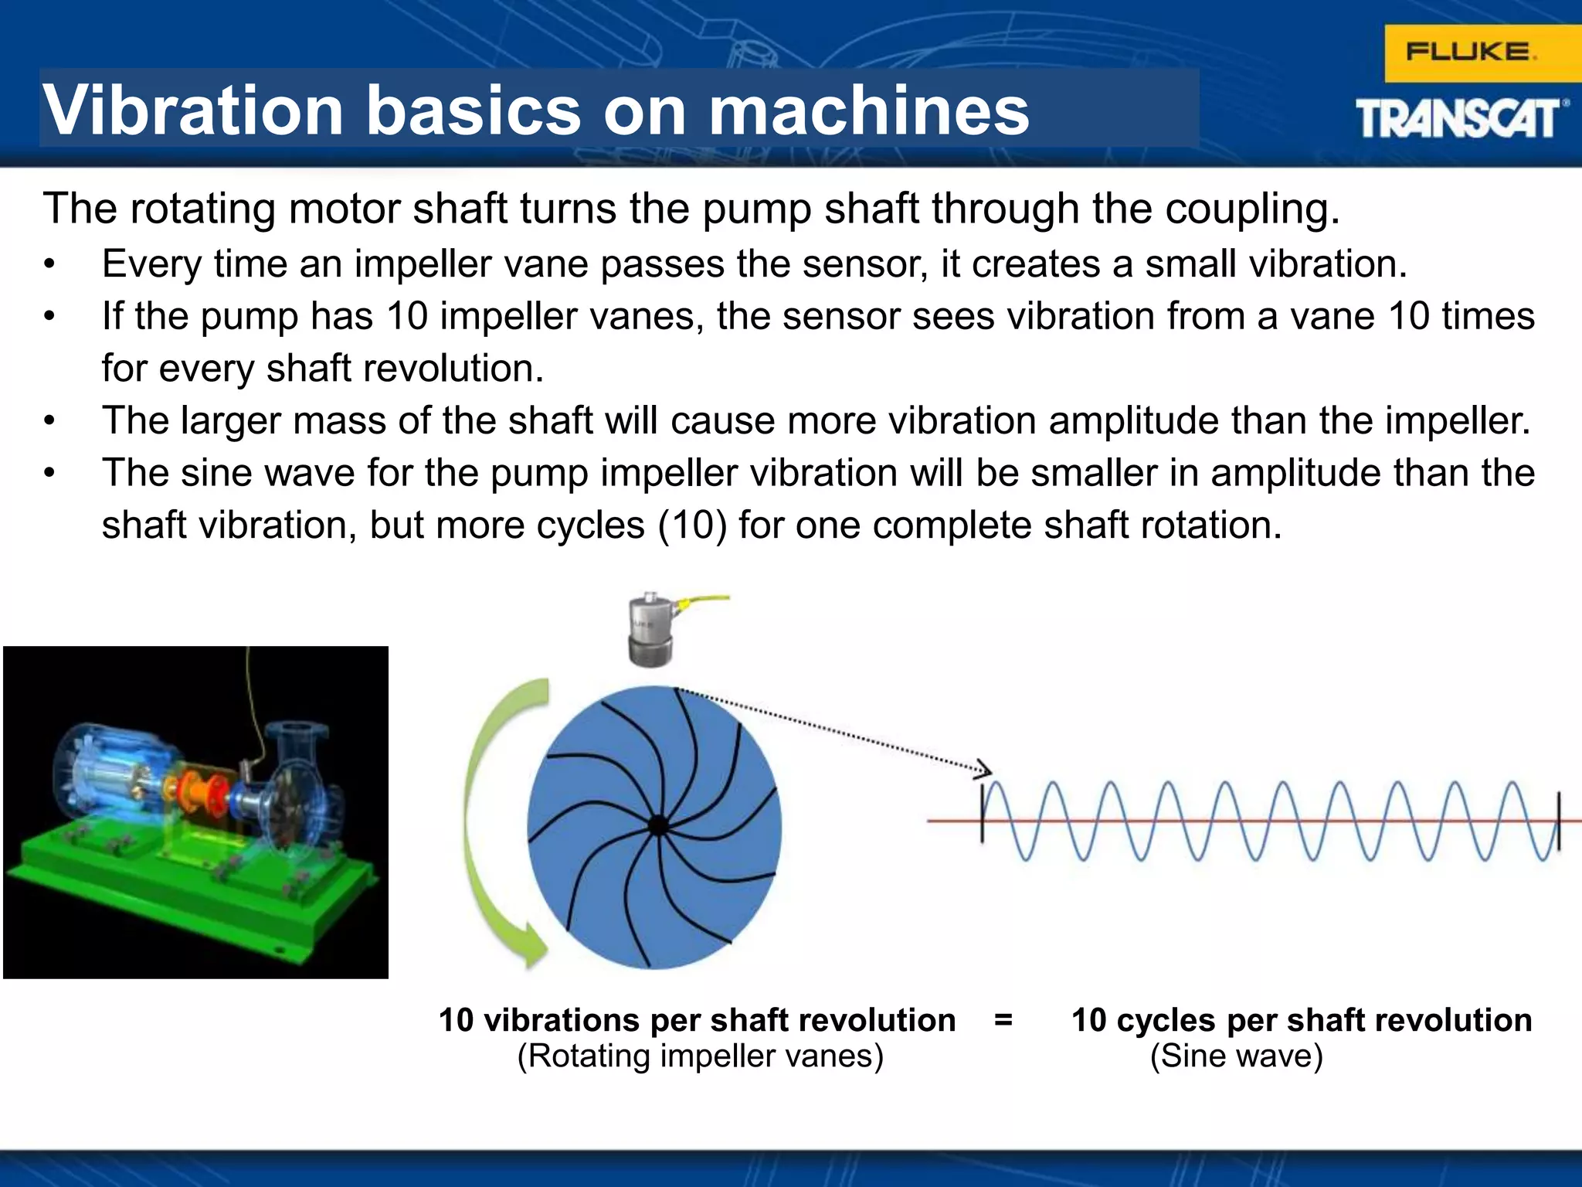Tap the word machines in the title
[868, 111]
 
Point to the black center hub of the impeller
[657, 825]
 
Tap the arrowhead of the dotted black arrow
[983, 769]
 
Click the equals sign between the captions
[1003, 1020]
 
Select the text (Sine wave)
[1236, 1056]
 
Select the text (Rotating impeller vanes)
[700, 1056]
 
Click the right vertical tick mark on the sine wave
[1558, 821]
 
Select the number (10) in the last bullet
[692, 525]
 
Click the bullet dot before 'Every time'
[49, 265]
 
